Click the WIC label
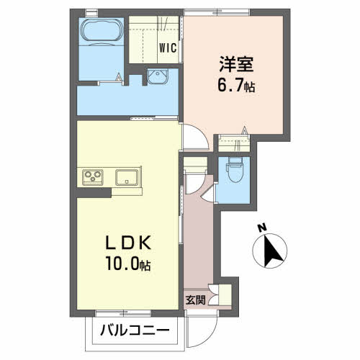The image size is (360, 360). (x=168, y=48)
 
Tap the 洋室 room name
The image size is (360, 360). (x=236, y=64)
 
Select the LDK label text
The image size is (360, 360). (x=128, y=243)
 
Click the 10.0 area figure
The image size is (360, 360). (x=122, y=264)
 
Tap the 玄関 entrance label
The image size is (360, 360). (x=195, y=300)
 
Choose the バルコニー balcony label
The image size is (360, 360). (x=135, y=330)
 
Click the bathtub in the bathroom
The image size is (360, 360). (x=102, y=30)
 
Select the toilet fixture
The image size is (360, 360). (x=235, y=170)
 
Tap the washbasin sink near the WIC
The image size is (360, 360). (x=158, y=76)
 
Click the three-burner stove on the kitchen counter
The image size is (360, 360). (x=93, y=177)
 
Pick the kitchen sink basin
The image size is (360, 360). (x=127, y=177)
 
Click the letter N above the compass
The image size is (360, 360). (x=262, y=228)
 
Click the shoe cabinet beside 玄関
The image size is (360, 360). (x=225, y=295)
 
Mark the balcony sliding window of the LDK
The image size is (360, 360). (x=123, y=312)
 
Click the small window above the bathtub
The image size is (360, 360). (x=92, y=12)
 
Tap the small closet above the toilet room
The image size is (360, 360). (x=234, y=143)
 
